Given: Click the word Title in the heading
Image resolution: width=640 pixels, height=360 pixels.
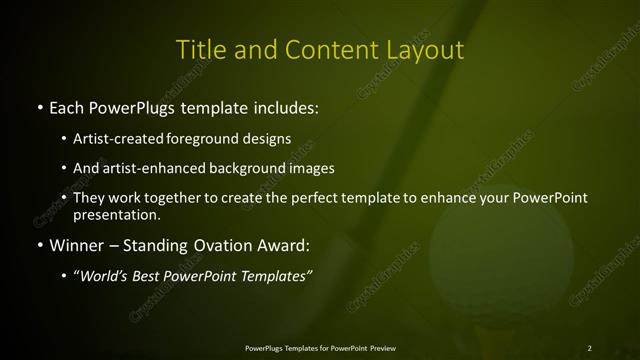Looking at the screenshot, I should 199,49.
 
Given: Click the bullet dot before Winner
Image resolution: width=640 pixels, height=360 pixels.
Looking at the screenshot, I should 39,245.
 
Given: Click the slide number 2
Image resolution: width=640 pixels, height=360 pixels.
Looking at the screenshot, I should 589,348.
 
